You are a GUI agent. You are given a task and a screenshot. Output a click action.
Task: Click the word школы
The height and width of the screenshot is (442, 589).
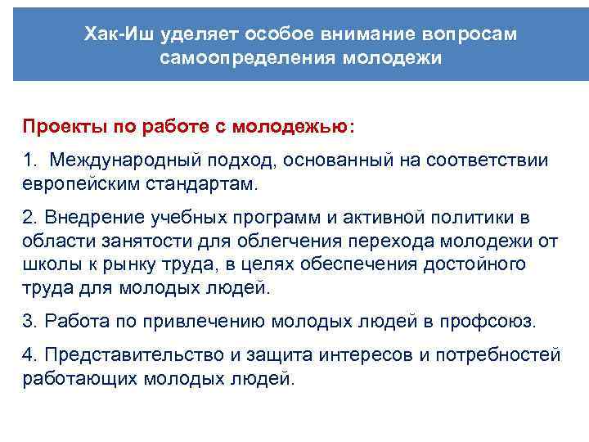47,264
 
